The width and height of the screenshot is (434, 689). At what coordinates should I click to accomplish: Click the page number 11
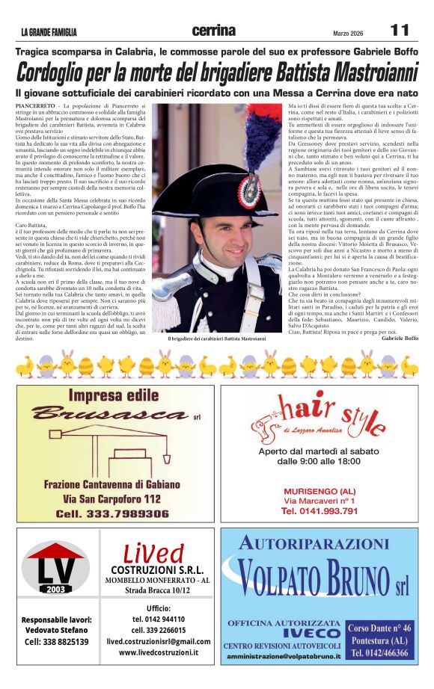400,30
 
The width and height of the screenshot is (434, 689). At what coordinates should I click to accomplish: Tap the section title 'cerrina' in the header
213,31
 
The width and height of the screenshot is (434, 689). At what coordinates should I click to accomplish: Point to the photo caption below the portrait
216,339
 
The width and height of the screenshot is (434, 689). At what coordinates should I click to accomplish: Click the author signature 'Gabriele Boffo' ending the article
400,339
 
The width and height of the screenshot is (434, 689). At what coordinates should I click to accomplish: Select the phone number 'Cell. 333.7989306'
112,513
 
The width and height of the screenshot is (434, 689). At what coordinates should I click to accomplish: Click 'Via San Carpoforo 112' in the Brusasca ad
111,498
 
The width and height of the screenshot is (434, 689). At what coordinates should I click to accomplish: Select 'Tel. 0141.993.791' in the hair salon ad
320,510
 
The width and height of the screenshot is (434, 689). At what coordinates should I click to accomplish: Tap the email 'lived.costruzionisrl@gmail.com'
159,641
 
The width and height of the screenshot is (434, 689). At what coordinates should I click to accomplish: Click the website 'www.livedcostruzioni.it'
159,652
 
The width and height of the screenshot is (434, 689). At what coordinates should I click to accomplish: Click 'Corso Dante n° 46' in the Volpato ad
380,628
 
